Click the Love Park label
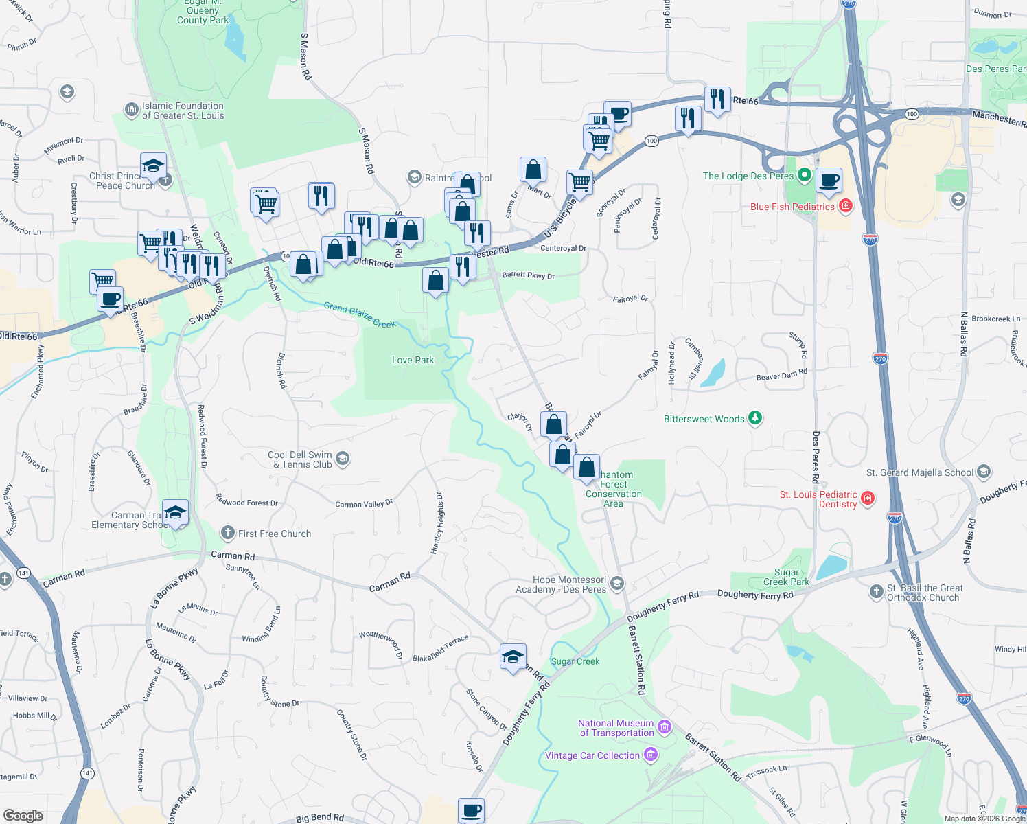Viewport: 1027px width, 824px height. [413, 360]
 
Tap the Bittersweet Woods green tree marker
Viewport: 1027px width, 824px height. [754, 417]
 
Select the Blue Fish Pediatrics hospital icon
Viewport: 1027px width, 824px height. [845, 205]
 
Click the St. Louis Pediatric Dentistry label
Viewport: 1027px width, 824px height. [818, 499]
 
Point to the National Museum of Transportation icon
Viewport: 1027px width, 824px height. [664, 726]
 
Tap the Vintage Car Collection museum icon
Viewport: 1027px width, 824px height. [651, 755]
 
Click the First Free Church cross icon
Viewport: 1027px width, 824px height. [228, 533]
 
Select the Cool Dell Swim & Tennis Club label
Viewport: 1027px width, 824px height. [301, 459]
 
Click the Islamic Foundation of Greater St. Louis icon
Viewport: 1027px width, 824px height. [130, 110]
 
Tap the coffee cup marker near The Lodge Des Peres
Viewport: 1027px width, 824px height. [829, 181]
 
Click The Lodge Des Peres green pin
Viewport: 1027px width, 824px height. [805, 175]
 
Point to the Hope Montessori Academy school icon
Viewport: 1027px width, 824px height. [616, 584]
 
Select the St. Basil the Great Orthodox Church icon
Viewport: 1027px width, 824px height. [876, 591]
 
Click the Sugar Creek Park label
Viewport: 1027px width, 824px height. [787, 577]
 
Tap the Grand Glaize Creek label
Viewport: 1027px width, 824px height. [359, 314]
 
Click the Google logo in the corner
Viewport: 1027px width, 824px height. [23, 815]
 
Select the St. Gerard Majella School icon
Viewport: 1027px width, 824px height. [984, 472]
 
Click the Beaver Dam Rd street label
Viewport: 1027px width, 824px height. [781, 375]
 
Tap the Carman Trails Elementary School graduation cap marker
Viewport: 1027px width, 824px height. [175, 512]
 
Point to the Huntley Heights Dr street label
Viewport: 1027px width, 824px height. [437, 523]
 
